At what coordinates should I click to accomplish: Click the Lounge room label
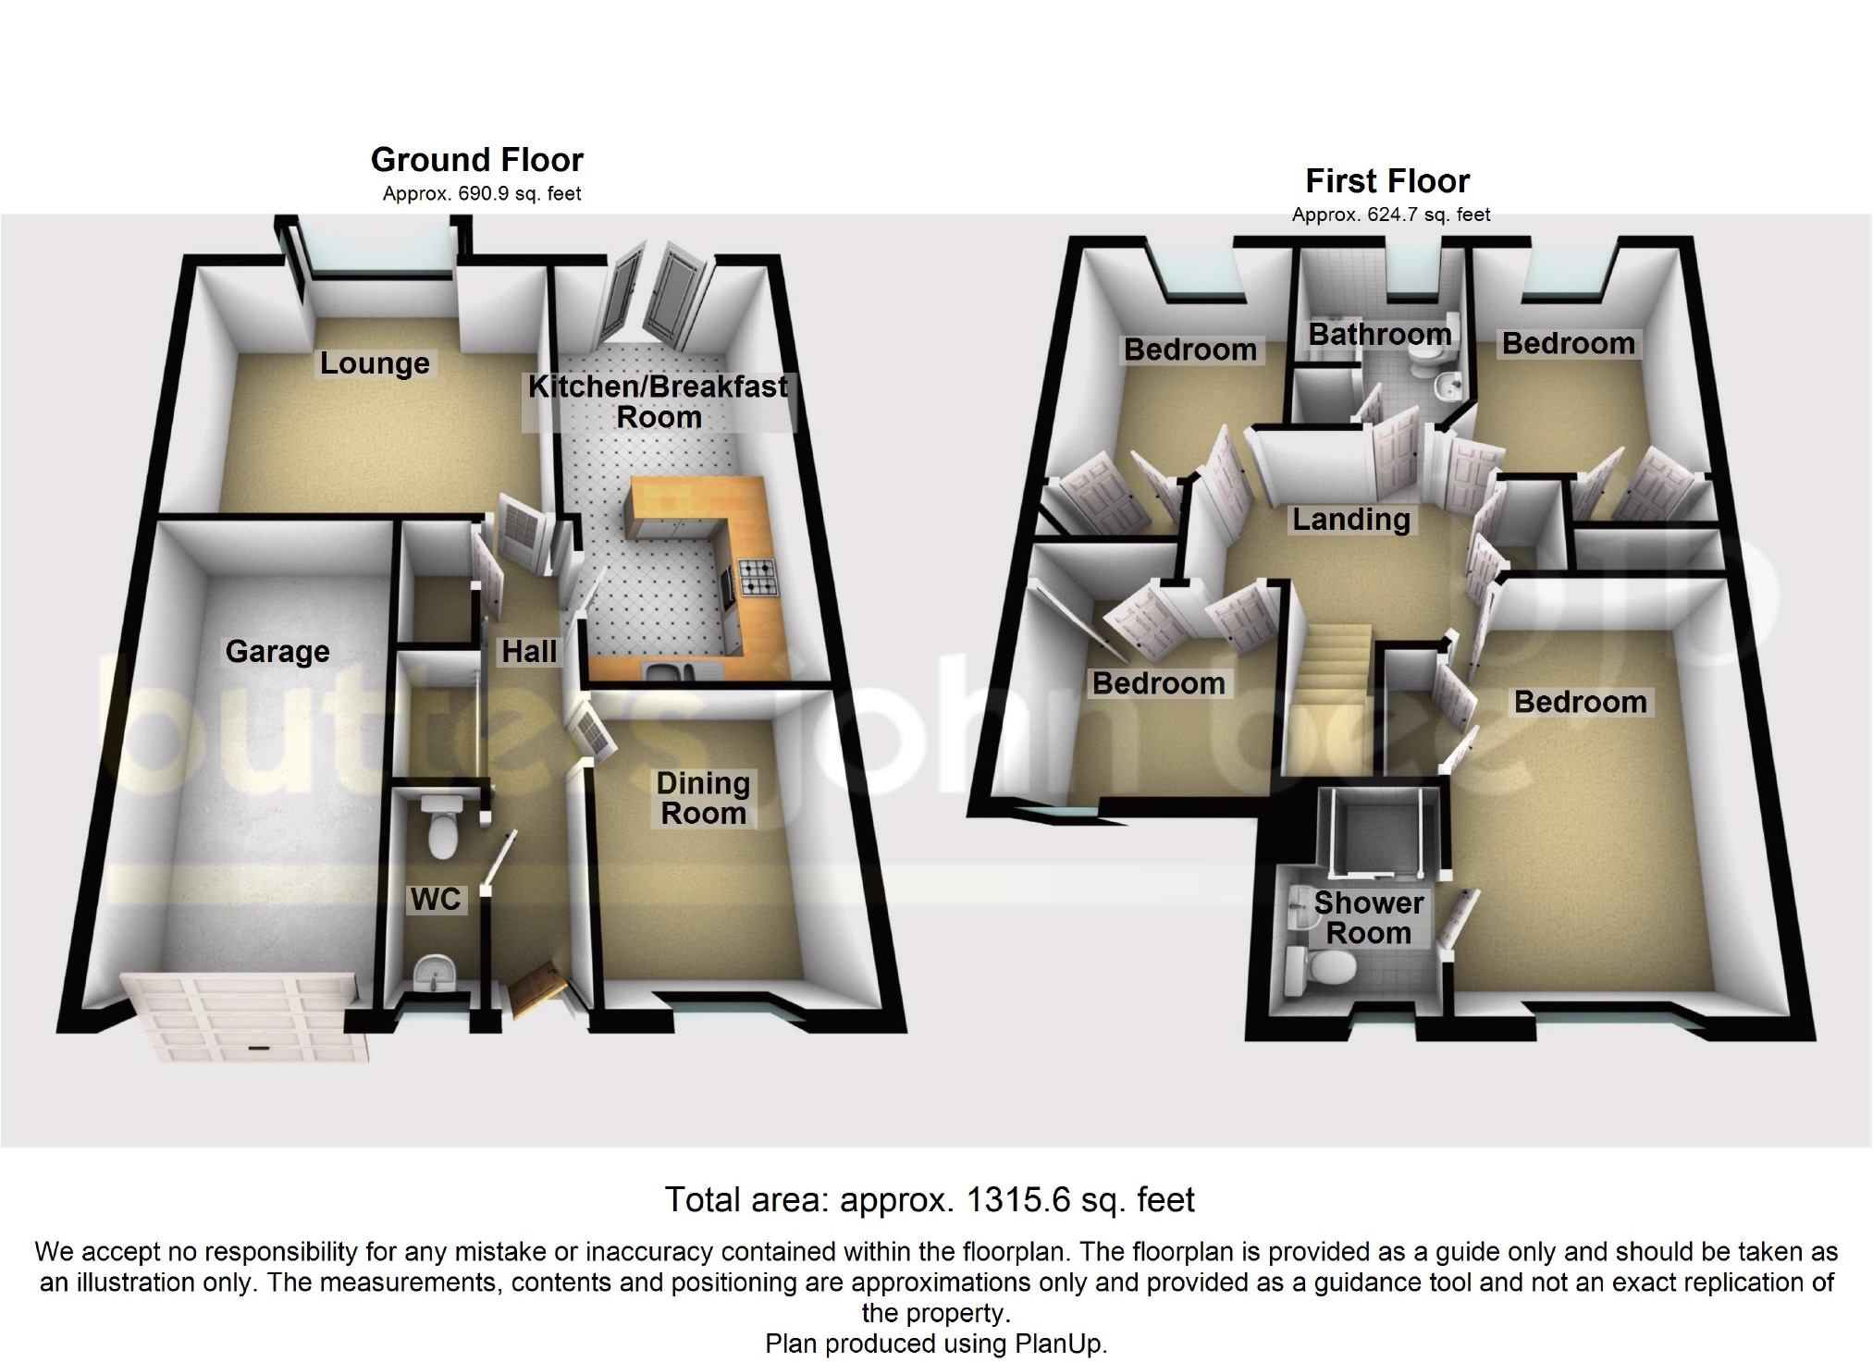[375, 363]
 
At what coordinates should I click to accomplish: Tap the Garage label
[277, 652]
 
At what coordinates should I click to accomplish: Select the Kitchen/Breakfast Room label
[659, 401]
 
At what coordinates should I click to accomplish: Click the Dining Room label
[703, 798]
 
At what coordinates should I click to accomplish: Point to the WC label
[436, 899]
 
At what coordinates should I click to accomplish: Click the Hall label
[529, 652]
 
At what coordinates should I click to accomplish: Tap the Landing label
[1350, 520]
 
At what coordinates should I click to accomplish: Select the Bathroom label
[1380, 334]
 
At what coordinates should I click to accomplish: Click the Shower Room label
[1369, 917]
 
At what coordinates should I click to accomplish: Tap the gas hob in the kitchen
[759, 578]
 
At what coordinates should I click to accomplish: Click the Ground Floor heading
[477, 160]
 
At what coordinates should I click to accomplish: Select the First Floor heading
[1387, 181]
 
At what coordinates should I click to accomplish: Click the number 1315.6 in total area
[1017, 1200]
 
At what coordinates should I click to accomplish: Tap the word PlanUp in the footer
[1060, 1344]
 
